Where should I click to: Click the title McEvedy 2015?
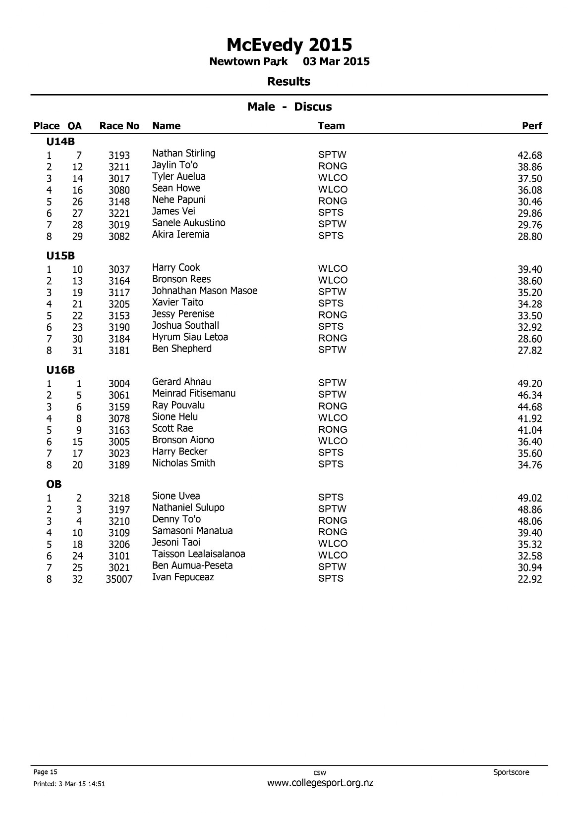pyautogui.click(x=289, y=45)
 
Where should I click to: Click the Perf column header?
pyautogui.click(x=532, y=126)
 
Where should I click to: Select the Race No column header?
pyautogui.click(x=119, y=126)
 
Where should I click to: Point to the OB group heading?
pyautogui.click(x=54, y=484)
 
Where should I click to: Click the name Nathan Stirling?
pyautogui.click(x=183, y=153)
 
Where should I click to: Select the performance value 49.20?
pyautogui.click(x=529, y=384)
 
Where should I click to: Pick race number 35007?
pyautogui.click(x=119, y=579)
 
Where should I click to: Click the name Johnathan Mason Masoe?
pyautogui.click(x=205, y=291)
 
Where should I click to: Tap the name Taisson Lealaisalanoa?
pyautogui.click(x=198, y=554)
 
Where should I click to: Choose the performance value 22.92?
pyautogui.click(x=529, y=579)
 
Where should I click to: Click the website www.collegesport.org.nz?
pyautogui.click(x=320, y=783)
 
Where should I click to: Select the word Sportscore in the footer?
pyautogui.click(x=511, y=772)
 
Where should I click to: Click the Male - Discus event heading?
pyautogui.click(x=289, y=107)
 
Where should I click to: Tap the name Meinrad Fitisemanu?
pyautogui.click(x=194, y=394)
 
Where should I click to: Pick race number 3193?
pyautogui.click(x=119, y=155)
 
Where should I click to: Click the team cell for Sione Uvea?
pyautogui.click(x=331, y=497)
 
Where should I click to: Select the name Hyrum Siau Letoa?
pyautogui.click(x=190, y=337)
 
